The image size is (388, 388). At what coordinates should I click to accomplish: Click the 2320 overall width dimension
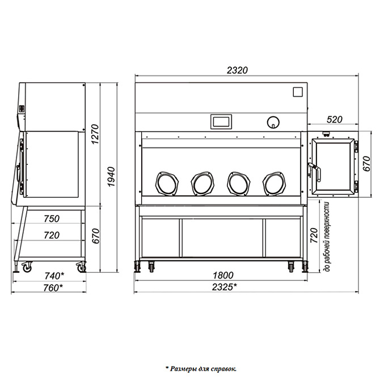click(237, 70)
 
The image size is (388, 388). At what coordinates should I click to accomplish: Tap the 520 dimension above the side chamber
click(334, 120)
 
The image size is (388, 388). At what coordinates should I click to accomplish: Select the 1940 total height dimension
click(112, 176)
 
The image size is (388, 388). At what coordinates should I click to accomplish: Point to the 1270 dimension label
click(95, 134)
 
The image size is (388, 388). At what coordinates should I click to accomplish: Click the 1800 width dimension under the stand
click(223, 275)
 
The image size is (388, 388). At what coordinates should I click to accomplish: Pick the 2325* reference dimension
click(224, 287)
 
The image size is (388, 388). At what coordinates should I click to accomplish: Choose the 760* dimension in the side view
click(53, 288)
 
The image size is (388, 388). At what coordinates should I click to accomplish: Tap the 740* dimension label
click(54, 276)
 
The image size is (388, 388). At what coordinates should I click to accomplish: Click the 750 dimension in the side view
click(52, 219)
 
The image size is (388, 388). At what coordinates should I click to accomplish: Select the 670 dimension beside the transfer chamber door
click(366, 163)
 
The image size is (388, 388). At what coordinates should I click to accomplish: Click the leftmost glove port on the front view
click(167, 183)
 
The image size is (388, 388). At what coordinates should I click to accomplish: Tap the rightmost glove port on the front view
click(274, 183)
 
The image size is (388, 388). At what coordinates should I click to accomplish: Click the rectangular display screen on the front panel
click(221, 121)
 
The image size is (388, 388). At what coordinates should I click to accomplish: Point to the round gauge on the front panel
click(273, 122)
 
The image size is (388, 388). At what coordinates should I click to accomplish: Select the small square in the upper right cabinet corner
click(298, 92)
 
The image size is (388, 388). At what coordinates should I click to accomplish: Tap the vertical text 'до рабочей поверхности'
click(327, 237)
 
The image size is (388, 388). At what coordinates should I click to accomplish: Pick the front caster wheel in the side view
click(27, 267)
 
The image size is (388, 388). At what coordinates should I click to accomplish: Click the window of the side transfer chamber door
click(333, 166)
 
